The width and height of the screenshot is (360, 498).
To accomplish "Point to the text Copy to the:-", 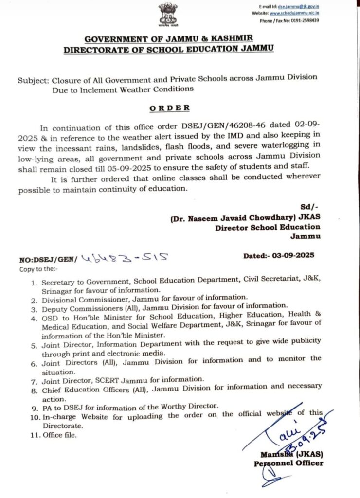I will [x=38, y=269].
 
